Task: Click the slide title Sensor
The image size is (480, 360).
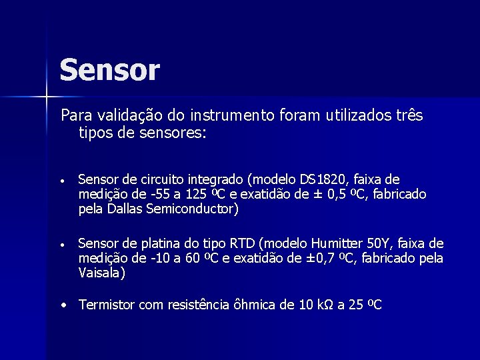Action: coord(109,70)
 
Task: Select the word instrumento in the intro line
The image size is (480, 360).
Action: coord(231,115)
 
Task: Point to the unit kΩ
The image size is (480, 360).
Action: coord(323,305)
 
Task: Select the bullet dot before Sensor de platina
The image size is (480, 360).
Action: coord(61,244)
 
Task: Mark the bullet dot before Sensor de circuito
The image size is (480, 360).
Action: coord(61,180)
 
